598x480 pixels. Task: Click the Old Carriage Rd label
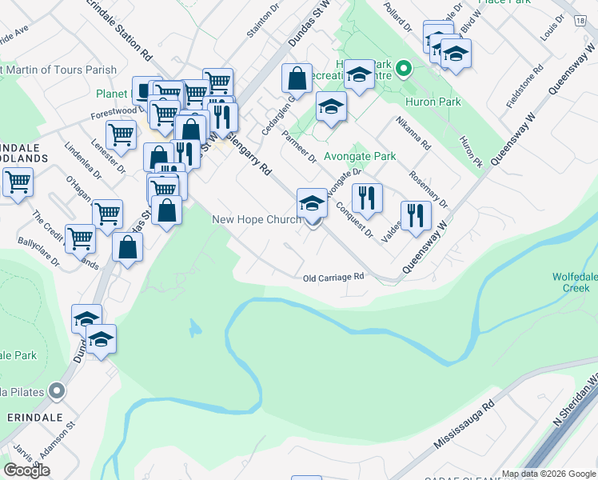pyautogui.click(x=333, y=278)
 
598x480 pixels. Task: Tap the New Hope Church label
pyautogui.click(x=256, y=220)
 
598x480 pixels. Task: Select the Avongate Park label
pyautogui.click(x=361, y=156)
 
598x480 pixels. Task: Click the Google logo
pyautogui.click(x=26, y=470)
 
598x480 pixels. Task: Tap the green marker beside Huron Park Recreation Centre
pyautogui.click(x=404, y=68)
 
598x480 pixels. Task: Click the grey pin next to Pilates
pyautogui.click(x=56, y=391)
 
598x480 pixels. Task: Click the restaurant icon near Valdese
pyautogui.click(x=416, y=214)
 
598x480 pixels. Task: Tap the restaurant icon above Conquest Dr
pyautogui.click(x=367, y=197)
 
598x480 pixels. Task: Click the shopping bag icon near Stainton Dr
pyautogui.click(x=297, y=78)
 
